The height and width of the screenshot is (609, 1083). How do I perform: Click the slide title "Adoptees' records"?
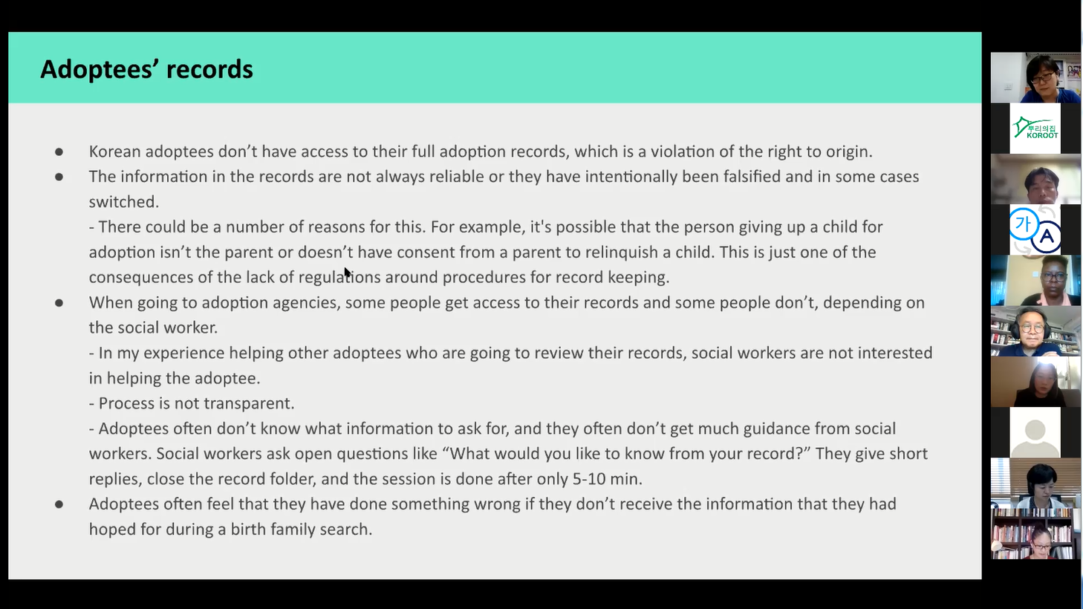146,69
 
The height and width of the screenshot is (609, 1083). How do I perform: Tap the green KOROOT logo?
1035,128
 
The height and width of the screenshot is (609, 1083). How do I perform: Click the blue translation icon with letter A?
1035,229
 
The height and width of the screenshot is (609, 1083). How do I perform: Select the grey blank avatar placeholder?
1035,432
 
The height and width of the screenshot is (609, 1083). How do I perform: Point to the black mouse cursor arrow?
348,273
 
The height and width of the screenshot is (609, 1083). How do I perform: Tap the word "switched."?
124,201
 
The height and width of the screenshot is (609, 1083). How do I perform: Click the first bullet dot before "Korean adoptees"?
59,152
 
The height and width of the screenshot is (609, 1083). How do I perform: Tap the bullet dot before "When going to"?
59,303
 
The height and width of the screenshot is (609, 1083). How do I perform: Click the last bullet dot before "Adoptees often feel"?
59,504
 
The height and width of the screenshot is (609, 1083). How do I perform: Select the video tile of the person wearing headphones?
1035,331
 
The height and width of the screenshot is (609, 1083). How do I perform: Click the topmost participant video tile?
1035,77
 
